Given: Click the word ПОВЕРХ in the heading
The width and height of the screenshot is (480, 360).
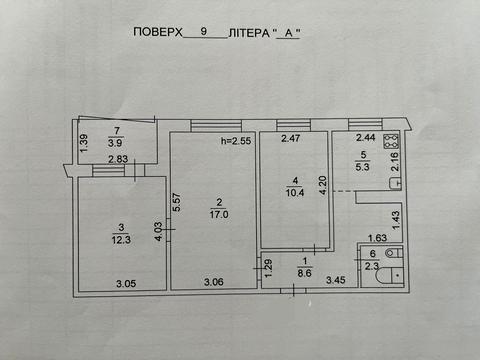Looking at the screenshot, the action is (158, 32).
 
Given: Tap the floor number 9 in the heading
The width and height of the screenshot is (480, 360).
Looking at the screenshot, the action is (204, 32).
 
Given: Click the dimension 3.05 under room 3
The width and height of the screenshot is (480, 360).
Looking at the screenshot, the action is (126, 284).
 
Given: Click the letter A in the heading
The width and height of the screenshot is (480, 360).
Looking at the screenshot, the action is (289, 32).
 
